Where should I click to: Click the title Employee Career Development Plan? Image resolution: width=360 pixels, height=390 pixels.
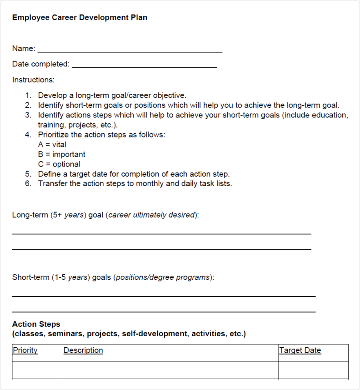(x=80, y=18)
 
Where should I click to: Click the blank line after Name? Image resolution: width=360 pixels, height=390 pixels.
(x=130, y=51)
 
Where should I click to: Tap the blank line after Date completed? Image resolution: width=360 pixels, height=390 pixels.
(x=144, y=67)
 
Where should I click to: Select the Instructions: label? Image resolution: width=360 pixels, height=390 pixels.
(x=33, y=80)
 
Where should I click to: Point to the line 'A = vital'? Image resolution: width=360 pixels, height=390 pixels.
(x=52, y=145)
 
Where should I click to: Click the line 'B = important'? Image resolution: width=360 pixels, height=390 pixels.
(x=61, y=154)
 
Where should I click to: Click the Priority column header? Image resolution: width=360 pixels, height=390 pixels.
(x=25, y=350)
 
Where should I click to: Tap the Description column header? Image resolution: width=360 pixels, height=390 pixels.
(x=83, y=350)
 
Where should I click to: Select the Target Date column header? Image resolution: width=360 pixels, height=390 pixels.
(x=300, y=350)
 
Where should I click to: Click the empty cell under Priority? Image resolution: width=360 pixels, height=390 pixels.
(x=37, y=370)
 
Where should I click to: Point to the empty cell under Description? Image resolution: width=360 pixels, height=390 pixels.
(x=170, y=370)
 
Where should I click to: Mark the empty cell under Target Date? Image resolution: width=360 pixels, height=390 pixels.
(x=313, y=370)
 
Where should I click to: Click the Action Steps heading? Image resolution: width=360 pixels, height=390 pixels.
(x=36, y=324)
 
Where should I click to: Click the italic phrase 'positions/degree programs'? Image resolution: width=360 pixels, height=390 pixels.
(x=163, y=277)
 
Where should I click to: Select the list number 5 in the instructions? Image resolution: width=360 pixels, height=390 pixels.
(x=28, y=174)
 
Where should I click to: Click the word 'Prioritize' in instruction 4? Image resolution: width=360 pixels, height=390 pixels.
(x=54, y=135)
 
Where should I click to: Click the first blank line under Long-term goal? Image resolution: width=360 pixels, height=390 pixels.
(x=161, y=233)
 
